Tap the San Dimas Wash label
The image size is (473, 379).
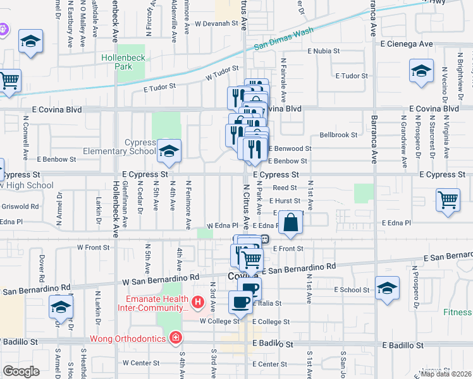tap(284, 39)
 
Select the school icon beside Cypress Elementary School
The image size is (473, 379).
tap(169, 151)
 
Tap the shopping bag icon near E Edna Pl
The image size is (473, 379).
tap(290, 223)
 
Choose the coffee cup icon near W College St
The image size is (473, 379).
tap(241, 302)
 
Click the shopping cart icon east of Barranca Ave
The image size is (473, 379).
tap(448, 200)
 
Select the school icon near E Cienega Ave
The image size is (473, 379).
tap(421, 71)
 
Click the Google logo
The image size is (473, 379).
tap(21, 371)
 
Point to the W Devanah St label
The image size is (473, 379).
tap(219, 24)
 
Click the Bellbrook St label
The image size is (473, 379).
tap(338, 135)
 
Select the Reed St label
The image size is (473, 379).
tap(285, 188)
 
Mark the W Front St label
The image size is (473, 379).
tap(94, 248)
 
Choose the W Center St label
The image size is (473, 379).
tap(142, 363)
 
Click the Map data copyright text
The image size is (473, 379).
tap(445, 373)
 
